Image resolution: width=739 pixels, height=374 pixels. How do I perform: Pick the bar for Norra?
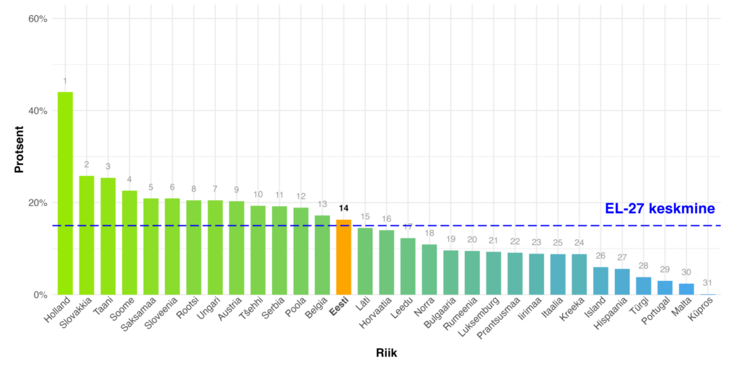coord(429,270)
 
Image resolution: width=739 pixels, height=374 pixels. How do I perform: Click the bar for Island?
coord(600,281)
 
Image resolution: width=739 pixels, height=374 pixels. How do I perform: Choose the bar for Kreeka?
coord(579,275)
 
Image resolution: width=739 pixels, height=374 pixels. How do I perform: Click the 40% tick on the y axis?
coord(37,111)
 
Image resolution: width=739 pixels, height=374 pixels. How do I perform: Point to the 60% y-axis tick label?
coord(37,19)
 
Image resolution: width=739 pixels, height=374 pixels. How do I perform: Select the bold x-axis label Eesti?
coord(339,311)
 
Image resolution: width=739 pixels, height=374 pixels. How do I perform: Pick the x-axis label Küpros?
coord(704,312)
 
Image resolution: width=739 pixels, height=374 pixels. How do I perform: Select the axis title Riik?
coord(386,353)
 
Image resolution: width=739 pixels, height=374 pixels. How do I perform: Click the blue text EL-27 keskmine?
coord(660,208)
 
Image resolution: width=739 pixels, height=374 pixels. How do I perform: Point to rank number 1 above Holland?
coord(65,81)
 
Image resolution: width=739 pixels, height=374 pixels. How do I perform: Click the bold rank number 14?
coord(344,209)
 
